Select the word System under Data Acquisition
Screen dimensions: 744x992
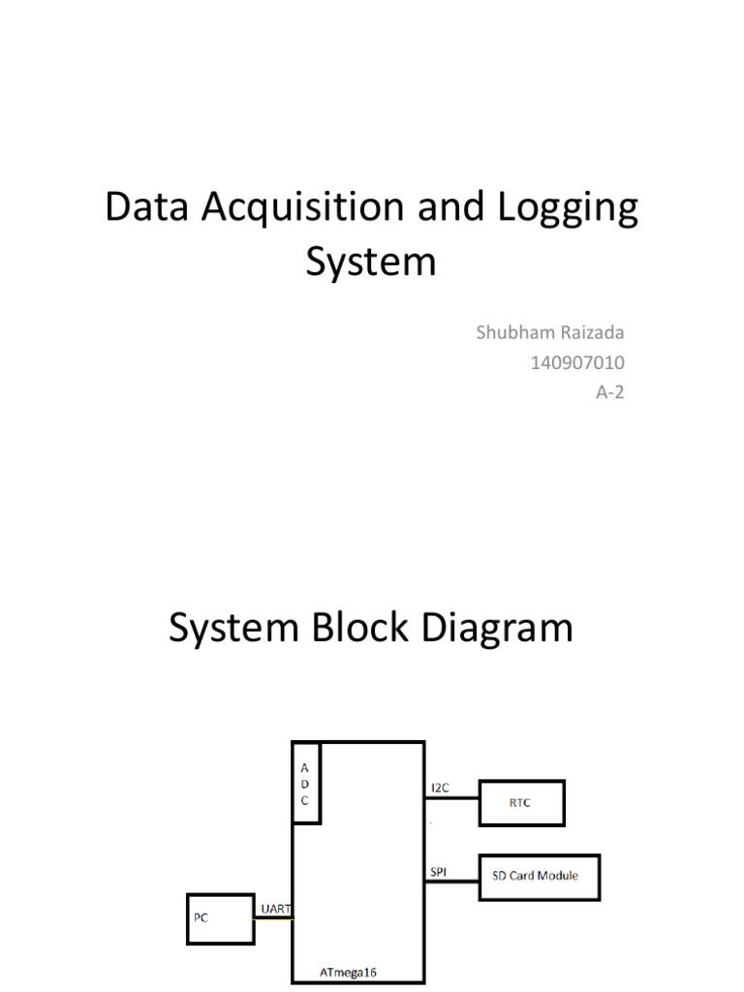click(x=371, y=262)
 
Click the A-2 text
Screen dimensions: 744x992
click(x=608, y=394)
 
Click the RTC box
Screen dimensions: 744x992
click(x=521, y=801)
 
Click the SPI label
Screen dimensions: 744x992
click(x=438, y=871)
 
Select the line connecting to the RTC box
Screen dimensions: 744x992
click(x=451, y=799)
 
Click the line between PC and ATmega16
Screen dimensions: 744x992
click(x=273, y=917)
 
